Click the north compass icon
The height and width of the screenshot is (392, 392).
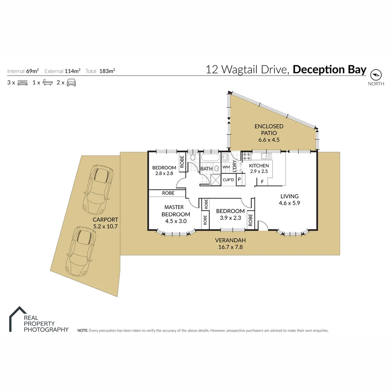tap(376, 75)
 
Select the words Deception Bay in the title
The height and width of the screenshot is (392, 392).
tap(329, 69)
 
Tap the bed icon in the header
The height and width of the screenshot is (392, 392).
tap(23, 82)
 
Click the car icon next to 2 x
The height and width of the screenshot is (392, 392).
tap(71, 82)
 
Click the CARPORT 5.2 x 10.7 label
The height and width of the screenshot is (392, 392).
tap(105, 223)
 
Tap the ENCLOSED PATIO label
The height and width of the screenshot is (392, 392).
tap(269, 132)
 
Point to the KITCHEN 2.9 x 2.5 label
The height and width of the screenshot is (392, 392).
tap(259, 168)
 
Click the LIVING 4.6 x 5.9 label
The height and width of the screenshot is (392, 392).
tap(289, 200)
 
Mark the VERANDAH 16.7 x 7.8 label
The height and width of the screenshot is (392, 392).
tap(230, 243)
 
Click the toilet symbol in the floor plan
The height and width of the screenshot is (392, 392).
tap(193, 157)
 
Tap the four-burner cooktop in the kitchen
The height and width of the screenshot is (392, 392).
tap(247, 156)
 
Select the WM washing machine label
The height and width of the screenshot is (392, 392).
tap(226, 167)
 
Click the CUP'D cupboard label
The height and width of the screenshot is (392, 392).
tap(228, 180)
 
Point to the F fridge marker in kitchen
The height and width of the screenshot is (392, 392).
tap(262, 181)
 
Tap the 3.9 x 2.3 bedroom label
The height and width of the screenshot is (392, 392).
tap(230, 214)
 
